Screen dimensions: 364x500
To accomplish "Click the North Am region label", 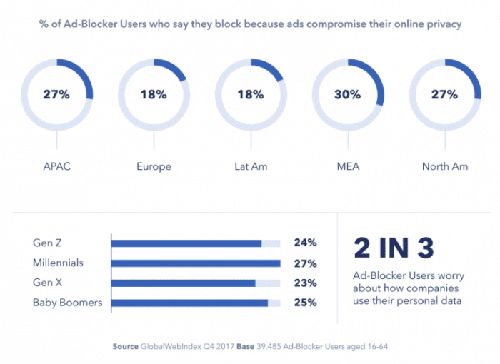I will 444,166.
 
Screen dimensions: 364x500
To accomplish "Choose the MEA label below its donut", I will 347,166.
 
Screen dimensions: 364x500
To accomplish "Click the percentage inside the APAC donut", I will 56,94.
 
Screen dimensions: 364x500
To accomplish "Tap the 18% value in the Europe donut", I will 153,94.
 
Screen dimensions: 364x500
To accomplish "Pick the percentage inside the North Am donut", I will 444,94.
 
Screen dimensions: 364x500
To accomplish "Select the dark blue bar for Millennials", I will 196,263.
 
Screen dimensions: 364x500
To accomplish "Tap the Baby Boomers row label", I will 67,303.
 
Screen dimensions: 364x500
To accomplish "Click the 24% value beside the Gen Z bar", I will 305,243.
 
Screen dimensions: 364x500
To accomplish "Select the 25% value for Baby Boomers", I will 305,303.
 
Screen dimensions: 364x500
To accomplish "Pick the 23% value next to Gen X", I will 305,283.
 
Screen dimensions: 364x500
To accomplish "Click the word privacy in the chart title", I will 441,24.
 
